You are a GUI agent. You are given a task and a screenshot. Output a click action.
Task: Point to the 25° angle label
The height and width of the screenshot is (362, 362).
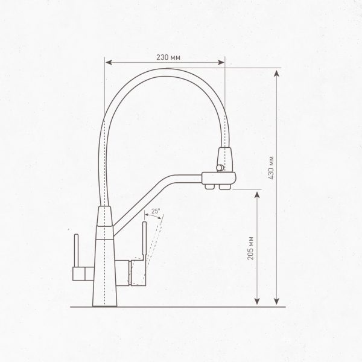[155, 212]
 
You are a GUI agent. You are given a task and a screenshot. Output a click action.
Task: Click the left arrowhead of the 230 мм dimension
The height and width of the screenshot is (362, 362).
[108, 61]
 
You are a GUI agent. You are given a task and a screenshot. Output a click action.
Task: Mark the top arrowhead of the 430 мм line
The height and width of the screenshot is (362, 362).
[277, 73]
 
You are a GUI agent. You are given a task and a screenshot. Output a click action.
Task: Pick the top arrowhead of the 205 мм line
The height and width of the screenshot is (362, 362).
[258, 192]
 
